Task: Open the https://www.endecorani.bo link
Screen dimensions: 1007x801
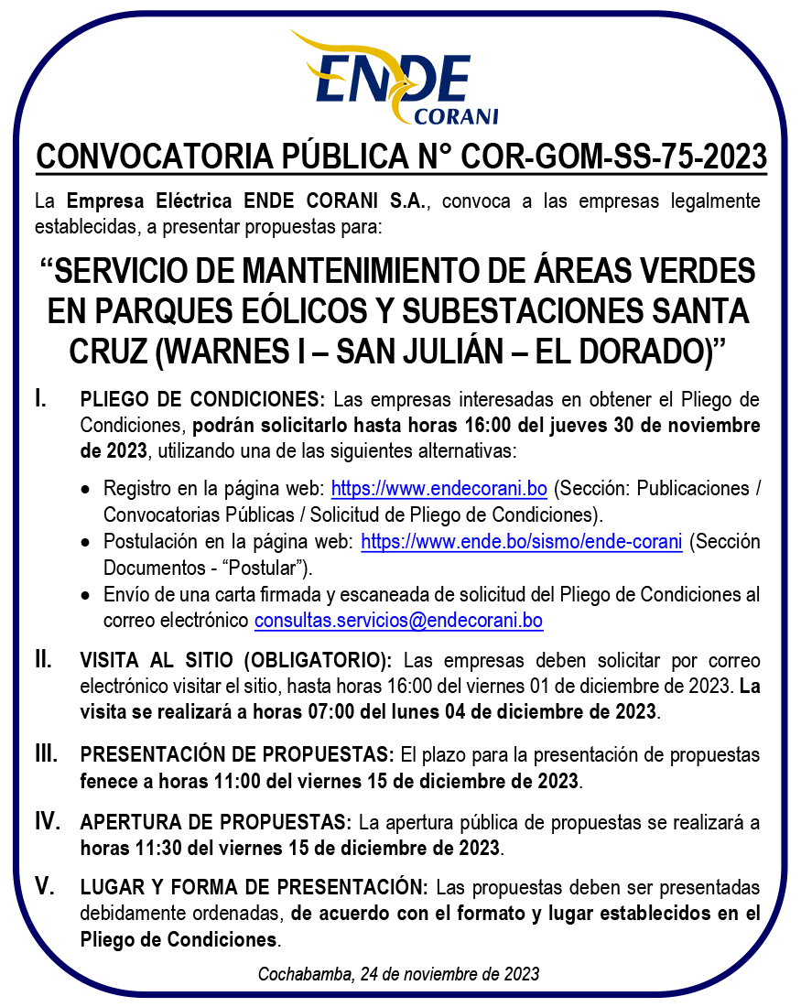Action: click(438, 488)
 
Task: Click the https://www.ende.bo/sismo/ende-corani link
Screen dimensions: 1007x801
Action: click(521, 542)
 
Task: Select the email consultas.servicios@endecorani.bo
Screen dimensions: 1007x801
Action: click(398, 621)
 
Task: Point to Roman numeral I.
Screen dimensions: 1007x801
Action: click(39, 398)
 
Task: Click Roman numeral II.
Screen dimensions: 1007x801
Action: click(42, 659)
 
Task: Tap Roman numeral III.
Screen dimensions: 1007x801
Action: click(46, 754)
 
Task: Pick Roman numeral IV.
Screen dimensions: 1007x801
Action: click(47, 820)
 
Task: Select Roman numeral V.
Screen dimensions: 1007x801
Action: click(43, 886)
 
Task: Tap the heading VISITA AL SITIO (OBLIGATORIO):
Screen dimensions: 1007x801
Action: click(236, 660)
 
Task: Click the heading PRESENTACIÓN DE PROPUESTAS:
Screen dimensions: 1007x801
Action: click(237, 755)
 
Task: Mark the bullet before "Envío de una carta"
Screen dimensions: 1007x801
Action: click(85, 595)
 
